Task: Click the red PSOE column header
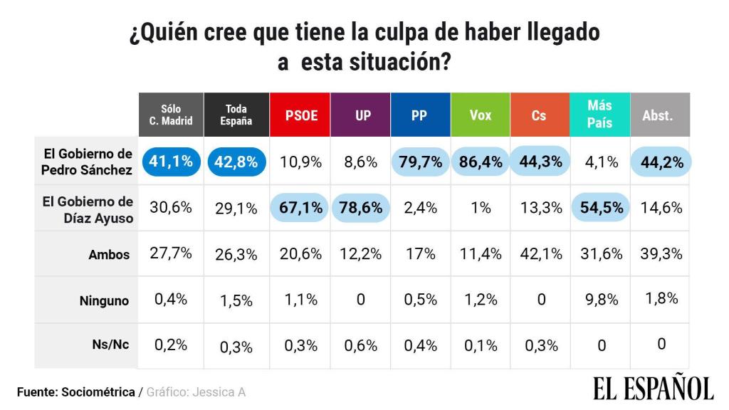(300, 115)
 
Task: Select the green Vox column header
(481, 115)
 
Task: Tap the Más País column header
(599, 115)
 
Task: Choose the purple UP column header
(360, 115)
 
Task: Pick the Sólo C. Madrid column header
(171, 115)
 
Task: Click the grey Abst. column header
(660, 115)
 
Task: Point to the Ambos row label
(109, 255)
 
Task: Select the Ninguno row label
(104, 301)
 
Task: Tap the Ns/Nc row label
(110, 345)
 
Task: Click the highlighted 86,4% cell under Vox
(481, 162)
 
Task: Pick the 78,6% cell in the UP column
(361, 207)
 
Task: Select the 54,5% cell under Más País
(601, 207)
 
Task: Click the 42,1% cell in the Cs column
(541, 254)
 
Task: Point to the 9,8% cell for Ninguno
(602, 300)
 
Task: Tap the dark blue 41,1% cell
(171, 162)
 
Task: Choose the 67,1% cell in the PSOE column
(300, 207)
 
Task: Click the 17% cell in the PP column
(420, 254)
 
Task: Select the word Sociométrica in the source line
(98, 392)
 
